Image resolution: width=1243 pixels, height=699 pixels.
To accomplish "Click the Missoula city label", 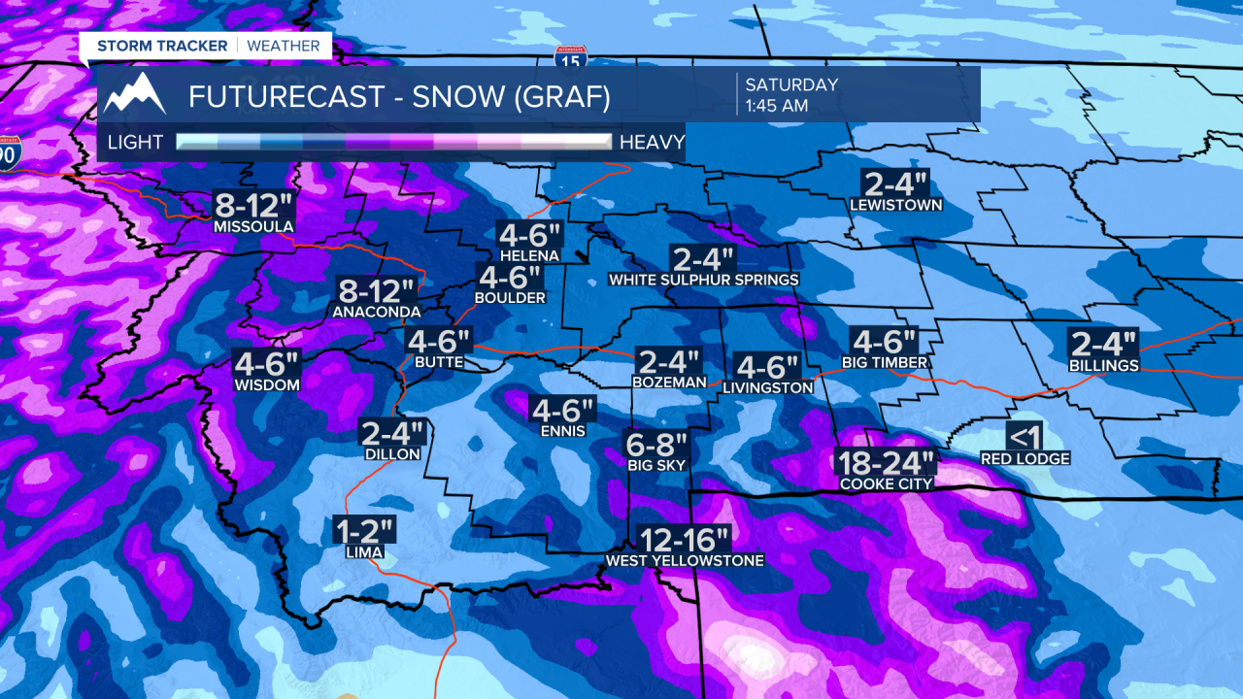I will [253, 227].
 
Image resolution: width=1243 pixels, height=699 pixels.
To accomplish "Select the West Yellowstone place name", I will [685, 561].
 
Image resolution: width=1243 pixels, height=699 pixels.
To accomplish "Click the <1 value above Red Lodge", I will [1025, 437].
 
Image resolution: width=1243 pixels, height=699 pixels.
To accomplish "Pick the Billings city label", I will [1102, 366].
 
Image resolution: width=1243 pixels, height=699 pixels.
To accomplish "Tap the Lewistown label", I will [895, 206].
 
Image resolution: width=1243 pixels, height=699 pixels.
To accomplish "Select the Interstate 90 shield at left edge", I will [8, 154].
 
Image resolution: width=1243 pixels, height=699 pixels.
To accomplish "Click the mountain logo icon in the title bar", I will [135, 94].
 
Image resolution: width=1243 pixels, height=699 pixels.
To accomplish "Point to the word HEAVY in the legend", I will [652, 143].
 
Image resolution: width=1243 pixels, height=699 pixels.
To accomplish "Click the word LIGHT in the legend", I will [135, 143].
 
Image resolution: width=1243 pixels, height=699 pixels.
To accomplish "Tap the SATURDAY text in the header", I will [791, 84].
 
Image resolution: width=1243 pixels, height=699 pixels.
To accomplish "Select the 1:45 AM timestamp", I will [777, 106].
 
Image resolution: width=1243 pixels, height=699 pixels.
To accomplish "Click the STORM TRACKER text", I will [162, 46].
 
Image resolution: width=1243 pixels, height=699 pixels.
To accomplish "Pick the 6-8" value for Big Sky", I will [656, 444].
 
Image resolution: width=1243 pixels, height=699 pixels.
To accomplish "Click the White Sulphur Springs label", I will [703, 280].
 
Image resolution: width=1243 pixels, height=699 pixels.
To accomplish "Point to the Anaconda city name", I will [376, 312].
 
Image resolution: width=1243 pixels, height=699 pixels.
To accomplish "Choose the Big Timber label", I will [884, 363].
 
